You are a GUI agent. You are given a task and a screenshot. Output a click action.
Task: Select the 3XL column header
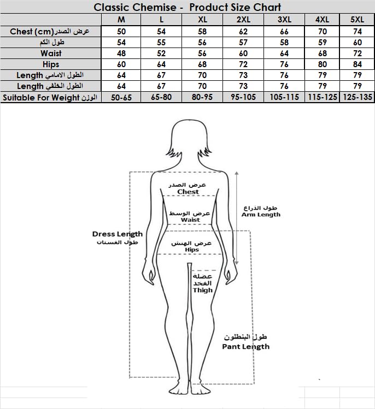[284, 20]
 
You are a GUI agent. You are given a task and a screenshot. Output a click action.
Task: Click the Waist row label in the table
[51, 53]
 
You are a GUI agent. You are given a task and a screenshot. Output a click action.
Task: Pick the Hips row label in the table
[51, 64]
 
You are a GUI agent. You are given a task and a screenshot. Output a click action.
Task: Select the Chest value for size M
[121, 31]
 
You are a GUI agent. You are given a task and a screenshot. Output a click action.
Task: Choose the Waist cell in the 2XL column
[243, 53]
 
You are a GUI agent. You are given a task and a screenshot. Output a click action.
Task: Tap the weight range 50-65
[121, 97]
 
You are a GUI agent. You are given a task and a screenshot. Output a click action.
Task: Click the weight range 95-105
[243, 97]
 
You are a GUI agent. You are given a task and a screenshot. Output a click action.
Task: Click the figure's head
[191, 140]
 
